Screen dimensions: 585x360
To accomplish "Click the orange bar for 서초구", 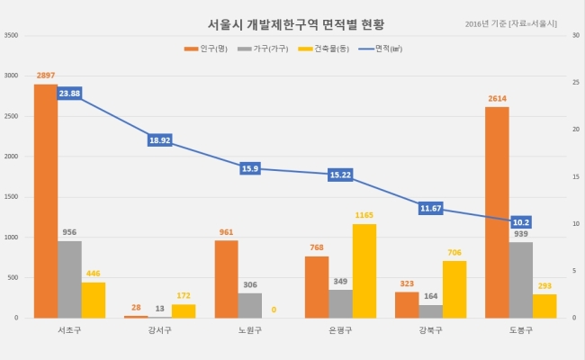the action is [46, 201].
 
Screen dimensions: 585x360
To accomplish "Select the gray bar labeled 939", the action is [521, 280].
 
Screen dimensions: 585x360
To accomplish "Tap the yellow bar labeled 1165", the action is [364, 271].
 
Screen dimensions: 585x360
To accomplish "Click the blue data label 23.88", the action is [69, 94].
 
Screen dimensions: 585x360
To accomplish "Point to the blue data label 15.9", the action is [250, 168].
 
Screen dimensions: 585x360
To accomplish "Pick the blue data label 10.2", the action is [521, 222].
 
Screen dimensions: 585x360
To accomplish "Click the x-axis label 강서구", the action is [159, 330].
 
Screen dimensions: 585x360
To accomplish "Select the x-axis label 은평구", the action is [340, 330].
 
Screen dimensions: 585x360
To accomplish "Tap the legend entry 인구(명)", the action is [206, 49].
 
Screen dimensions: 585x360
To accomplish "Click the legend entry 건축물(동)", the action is [323, 49].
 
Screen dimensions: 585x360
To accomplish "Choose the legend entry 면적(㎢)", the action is [381, 49].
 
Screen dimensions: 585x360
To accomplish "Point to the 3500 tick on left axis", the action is [11, 35].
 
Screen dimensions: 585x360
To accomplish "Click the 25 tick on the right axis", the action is [576, 83].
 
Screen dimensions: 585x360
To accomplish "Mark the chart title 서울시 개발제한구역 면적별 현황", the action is [296, 24].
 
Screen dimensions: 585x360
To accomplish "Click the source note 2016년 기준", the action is [485, 24].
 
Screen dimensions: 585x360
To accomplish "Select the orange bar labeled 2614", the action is [497, 212].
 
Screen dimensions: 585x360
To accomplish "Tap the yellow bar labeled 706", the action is [454, 290].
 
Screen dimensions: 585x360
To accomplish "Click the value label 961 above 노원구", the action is [226, 232].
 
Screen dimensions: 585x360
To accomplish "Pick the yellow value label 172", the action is [184, 295].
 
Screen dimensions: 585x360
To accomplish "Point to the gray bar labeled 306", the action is [250, 305].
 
